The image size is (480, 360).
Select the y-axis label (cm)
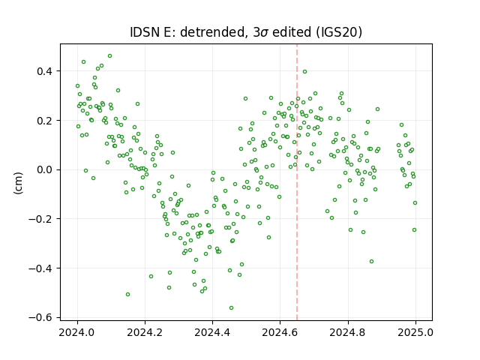(18, 183)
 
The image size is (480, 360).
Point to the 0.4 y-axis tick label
(45, 71)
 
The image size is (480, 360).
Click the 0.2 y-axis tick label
(45, 121)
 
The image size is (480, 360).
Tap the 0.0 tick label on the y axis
(45, 170)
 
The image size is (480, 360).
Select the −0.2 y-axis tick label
(40, 219)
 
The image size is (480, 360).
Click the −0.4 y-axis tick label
(40, 268)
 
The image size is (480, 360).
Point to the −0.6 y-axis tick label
(40, 318)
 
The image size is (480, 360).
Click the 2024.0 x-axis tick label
(77, 332)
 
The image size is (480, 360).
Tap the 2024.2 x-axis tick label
(145, 332)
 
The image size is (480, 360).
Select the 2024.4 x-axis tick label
(212, 332)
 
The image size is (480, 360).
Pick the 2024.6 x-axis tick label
(280, 332)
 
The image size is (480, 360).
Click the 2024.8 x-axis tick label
(348, 332)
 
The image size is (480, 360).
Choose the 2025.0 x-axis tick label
(415, 332)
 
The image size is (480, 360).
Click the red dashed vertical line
(297, 182)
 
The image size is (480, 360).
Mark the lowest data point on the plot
(232, 307)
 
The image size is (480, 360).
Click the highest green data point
(110, 55)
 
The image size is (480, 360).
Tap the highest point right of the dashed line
(305, 72)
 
